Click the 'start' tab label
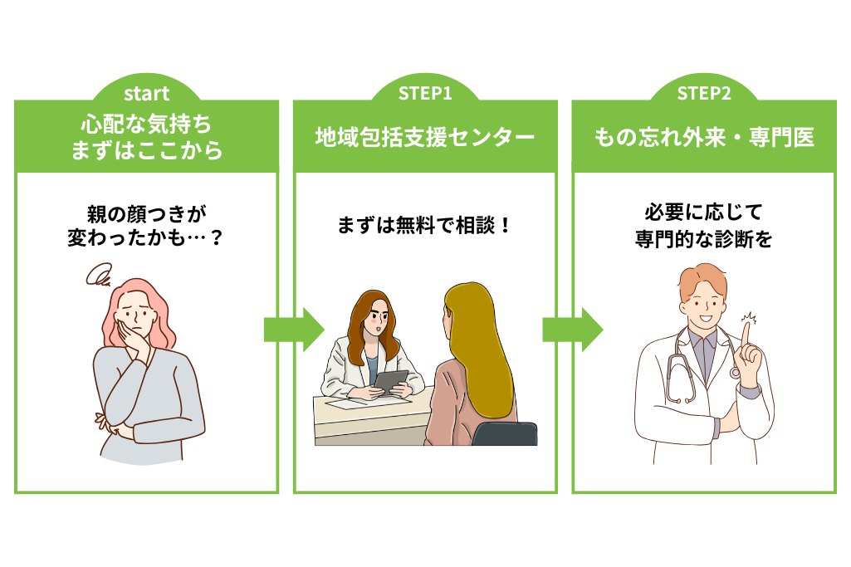[146, 93]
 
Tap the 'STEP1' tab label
[425, 93]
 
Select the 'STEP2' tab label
[704, 93]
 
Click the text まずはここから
[146, 150]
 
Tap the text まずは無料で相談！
[425, 225]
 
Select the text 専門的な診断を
[704, 240]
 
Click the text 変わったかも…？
[146, 240]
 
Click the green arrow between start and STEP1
[293, 330]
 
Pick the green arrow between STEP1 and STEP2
[572, 330]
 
